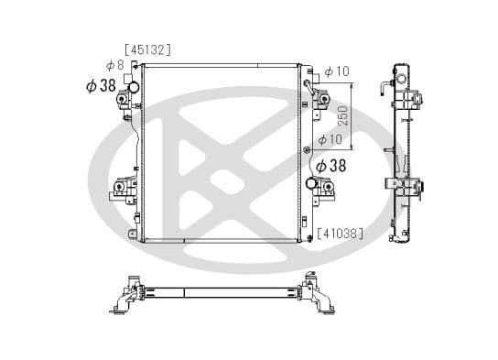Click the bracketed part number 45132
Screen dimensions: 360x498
147,49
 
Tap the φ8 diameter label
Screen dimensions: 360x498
114,65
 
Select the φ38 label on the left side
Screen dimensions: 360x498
100,85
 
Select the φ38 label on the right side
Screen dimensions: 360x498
330,166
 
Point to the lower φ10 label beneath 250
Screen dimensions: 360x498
329,139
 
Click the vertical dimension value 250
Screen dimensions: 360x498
343,116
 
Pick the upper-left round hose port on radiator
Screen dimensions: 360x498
133,88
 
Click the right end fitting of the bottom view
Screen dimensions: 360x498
320,295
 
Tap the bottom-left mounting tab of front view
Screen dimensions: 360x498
135,236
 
